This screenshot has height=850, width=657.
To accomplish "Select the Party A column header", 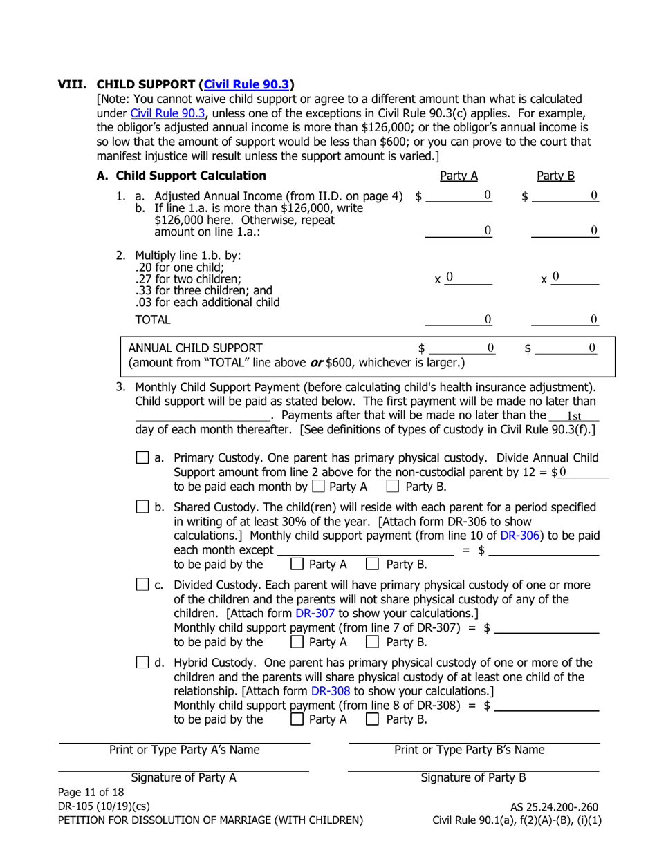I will tap(459, 176).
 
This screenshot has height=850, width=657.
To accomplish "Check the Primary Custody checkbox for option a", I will tap(142, 457).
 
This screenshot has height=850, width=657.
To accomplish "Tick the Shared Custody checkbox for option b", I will tap(142, 507).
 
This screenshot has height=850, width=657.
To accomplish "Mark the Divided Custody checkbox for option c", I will tap(142, 585).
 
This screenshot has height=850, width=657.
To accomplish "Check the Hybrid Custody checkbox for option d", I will tap(142, 663).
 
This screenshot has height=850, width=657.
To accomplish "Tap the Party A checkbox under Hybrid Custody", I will tap(297, 719).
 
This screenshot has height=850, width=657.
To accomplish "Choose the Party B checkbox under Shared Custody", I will tap(372, 564).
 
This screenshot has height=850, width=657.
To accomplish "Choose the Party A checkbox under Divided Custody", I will tap(297, 642).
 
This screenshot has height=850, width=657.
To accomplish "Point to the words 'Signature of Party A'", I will tap(184, 777).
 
